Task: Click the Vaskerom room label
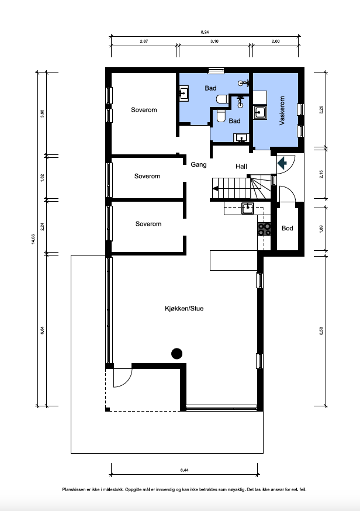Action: point(282,111)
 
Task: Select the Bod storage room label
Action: point(287,228)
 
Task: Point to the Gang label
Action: point(199,165)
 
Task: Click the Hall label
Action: point(241,167)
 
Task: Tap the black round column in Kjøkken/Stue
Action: point(176,353)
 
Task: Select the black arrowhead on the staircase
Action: point(215,188)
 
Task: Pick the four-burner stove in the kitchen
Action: point(265,229)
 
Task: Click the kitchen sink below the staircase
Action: point(247,207)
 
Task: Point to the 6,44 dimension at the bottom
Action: point(184,470)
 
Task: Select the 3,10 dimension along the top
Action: point(214,42)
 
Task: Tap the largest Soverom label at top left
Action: point(143,110)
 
